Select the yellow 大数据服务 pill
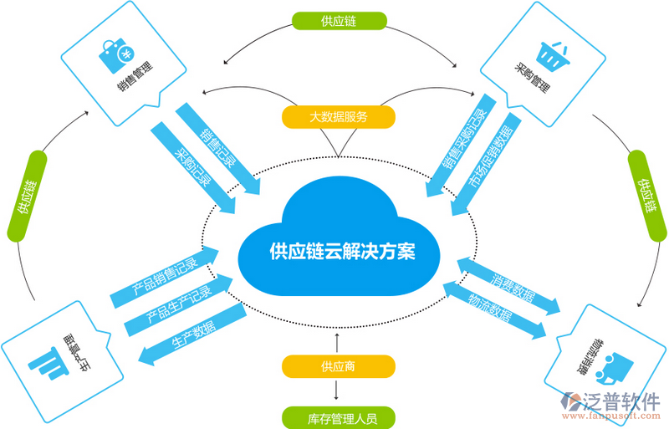click(x=338, y=117)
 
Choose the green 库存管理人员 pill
click(x=338, y=416)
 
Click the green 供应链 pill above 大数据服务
click(x=338, y=20)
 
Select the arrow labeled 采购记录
click(x=193, y=163)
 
